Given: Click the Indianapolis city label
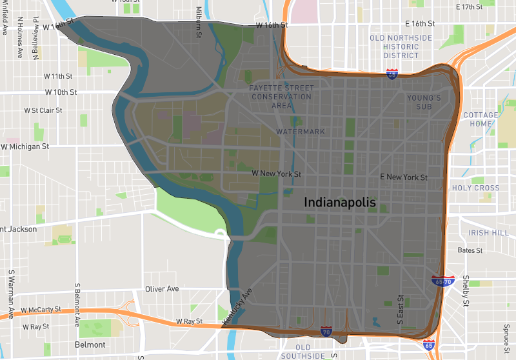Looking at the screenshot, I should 340,203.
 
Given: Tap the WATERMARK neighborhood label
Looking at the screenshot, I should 301,132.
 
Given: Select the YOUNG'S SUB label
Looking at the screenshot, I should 424,102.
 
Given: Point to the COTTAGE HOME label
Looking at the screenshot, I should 481,119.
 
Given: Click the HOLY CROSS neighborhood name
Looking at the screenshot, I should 476,188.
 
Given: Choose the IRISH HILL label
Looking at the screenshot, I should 489,233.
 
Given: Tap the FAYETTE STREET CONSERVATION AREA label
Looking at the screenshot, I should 283,96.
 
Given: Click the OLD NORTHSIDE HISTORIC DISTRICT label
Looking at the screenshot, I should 401,47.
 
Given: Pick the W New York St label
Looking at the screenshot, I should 276,174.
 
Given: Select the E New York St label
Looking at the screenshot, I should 404,177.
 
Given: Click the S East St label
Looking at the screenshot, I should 401,310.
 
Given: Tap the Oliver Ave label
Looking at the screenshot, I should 162,289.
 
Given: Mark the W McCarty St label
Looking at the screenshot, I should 43,310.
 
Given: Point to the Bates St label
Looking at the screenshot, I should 470,250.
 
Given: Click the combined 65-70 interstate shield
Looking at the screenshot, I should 443,281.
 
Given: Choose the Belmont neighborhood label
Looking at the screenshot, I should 90,345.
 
